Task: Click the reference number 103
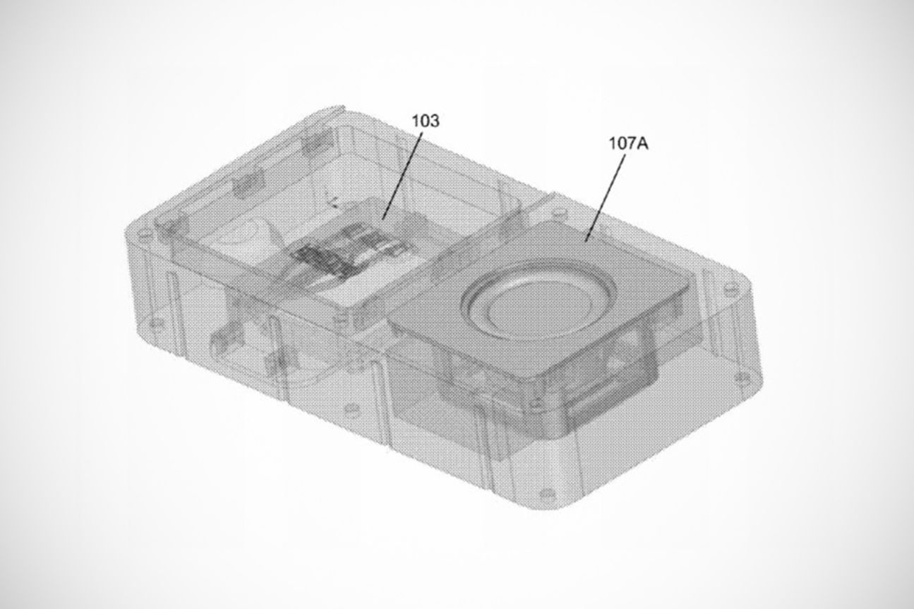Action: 425,121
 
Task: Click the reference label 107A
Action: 628,143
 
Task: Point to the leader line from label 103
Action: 402,176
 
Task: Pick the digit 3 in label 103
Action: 435,121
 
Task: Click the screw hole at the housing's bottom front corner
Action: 548,495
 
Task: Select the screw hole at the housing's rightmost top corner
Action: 731,288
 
